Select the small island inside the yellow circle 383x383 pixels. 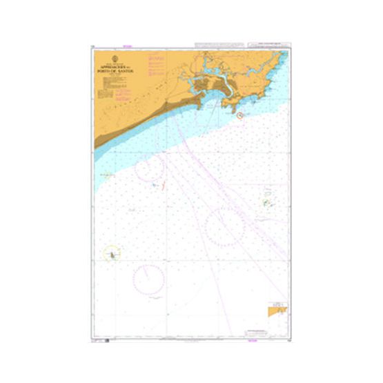point(110,255)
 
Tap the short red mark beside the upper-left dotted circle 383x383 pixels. point(162,185)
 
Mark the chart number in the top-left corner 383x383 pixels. point(92,47)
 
